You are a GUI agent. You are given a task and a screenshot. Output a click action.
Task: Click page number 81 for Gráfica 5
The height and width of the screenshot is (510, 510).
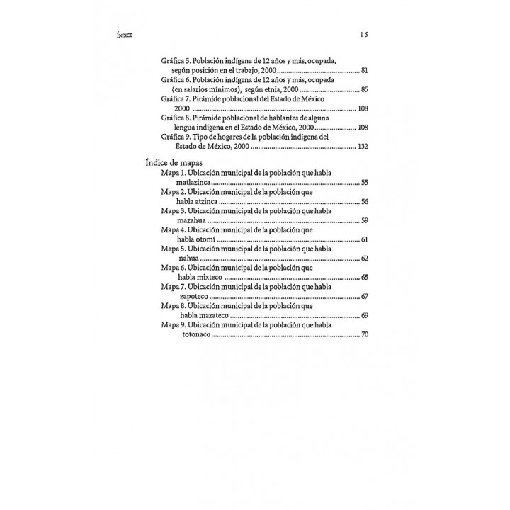(x=364, y=72)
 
